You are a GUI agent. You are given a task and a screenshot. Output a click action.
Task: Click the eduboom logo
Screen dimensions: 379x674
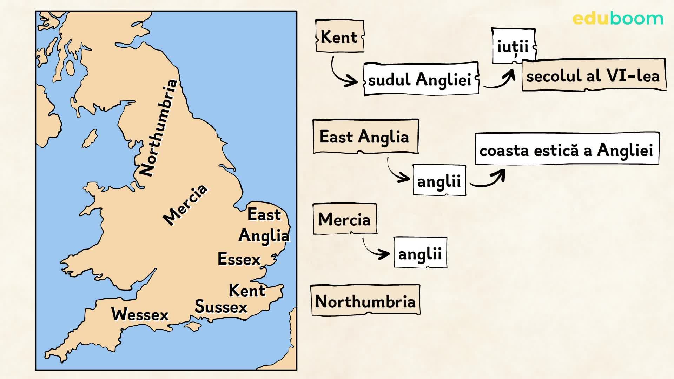[x=618, y=19]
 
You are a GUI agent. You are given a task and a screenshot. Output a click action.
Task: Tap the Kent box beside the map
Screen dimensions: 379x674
[x=339, y=36]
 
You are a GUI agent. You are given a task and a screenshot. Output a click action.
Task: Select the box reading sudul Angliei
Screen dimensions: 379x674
[x=421, y=79]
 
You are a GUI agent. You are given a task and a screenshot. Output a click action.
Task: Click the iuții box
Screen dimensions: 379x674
[x=513, y=46]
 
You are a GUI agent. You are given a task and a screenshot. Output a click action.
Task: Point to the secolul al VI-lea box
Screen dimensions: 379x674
[x=593, y=75]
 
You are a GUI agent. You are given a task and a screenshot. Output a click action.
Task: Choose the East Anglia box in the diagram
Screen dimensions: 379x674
[x=365, y=137]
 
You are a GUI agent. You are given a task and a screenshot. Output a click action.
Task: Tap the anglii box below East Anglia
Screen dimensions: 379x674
[x=439, y=181]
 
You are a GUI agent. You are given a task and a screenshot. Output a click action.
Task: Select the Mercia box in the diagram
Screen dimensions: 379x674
[x=344, y=219]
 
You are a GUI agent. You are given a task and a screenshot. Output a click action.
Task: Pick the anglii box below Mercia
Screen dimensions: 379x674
[x=420, y=253]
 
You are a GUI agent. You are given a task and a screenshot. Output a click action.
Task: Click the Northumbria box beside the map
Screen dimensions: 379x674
[x=365, y=301]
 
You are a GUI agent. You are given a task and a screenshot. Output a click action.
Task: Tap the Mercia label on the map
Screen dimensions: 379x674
[x=185, y=205]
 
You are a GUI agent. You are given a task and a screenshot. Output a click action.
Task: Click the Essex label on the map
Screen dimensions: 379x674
[x=239, y=259]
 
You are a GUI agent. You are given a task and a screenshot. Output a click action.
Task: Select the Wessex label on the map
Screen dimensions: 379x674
[x=140, y=314]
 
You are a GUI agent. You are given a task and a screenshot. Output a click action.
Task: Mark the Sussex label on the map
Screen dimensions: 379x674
[x=221, y=307]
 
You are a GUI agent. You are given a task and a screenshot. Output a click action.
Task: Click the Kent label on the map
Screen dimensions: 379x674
[x=247, y=290]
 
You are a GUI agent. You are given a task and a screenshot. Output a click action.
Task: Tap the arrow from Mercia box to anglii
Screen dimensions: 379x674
[x=375, y=248]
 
